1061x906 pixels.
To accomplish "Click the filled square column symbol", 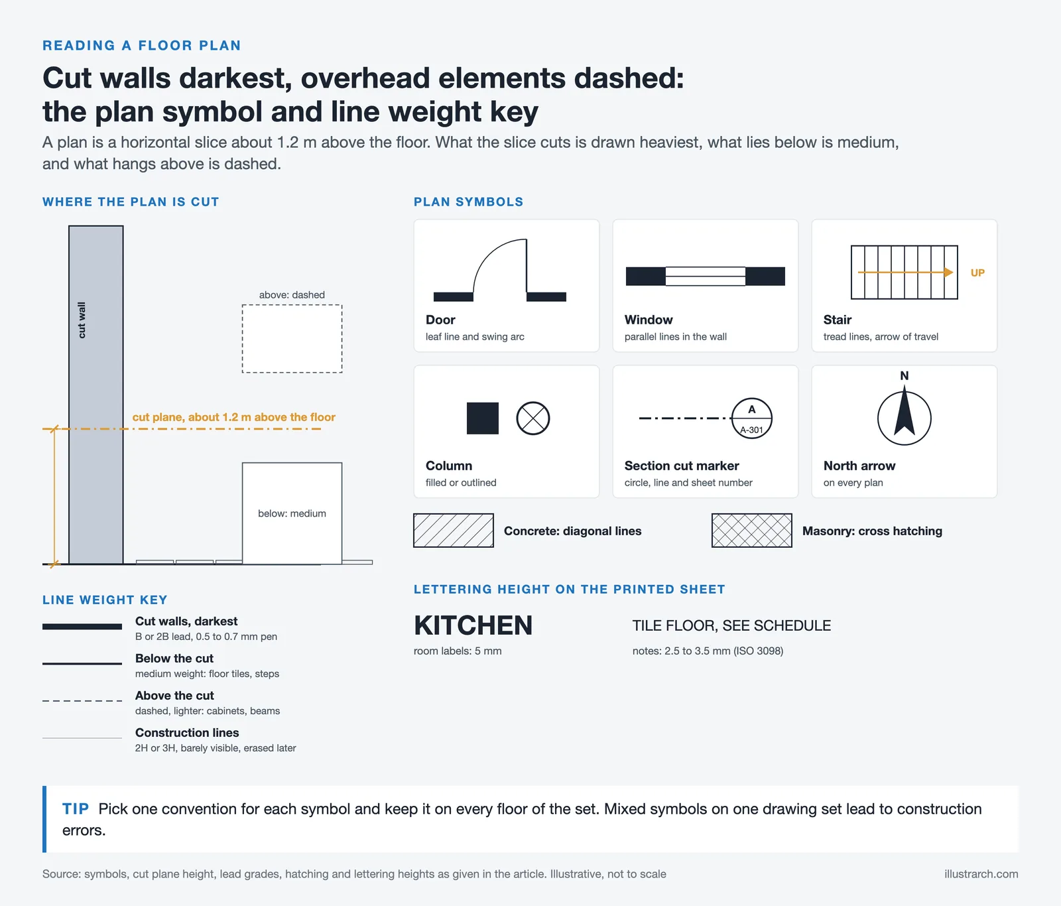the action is [483, 419].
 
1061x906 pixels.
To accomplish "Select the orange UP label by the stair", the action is [977, 273].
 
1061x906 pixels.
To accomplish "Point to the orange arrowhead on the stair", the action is [949, 273].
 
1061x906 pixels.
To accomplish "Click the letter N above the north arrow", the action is [905, 375].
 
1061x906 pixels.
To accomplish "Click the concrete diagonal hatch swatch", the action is [454, 531].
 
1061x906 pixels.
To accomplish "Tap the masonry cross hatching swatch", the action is [752, 531].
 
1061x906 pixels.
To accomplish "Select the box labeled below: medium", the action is [292, 513].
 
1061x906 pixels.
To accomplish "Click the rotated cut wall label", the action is [82, 320].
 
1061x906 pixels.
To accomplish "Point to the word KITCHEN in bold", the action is [473, 625].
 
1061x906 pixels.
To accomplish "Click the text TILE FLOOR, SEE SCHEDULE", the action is [731, 625].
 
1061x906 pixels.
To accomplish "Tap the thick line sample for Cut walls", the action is [82, 626].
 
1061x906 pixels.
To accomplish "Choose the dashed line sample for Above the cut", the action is [82, 700].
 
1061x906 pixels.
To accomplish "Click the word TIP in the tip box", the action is [76, 809].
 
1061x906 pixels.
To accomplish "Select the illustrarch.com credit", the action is [981, 874].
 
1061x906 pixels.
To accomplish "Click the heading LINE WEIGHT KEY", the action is [105, 600].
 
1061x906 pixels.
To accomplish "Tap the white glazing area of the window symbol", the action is [706, 276].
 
